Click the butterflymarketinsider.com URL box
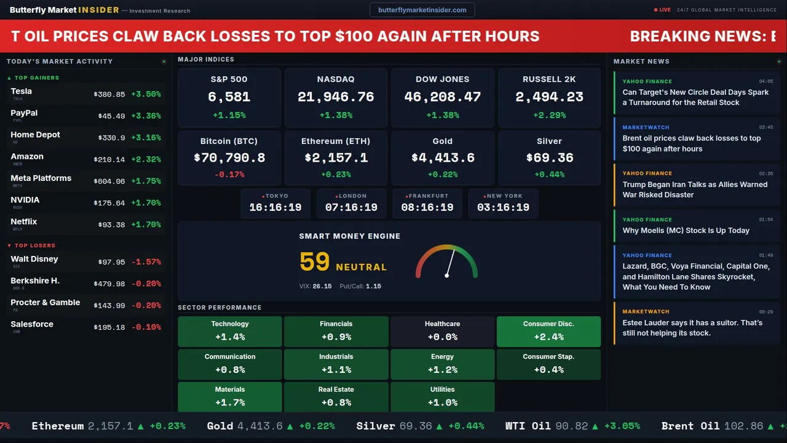(x=422, y=10)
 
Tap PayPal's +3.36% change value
(x=146, y=116)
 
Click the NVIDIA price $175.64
(x=109, y=203)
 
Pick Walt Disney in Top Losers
(x=34, y=260)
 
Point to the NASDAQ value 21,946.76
(x=336, y=97)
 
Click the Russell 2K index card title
(x=549, y=79)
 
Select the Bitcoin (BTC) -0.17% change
(x=229, y=175)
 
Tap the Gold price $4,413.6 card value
(x=443, y=158)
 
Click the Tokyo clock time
(x=275, y=207)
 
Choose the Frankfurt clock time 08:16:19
(x=427, y=207)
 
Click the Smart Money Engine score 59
(x=315, y=262)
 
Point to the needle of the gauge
(x=450, y=263)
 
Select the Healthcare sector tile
(x=442, y=331)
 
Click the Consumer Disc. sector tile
(x=548, y=331)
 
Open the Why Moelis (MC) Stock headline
(x=686, y=231)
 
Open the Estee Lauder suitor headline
(x=692, y=328)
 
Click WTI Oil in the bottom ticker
(x=528, y=426)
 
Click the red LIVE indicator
(x=664, y=10)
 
